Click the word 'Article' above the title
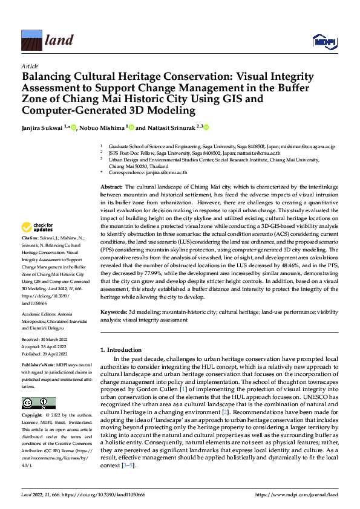point(30,66)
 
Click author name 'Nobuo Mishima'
point(103,128)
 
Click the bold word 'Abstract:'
point(111,188)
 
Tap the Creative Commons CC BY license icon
point(38,403)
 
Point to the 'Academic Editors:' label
point(39,314)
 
